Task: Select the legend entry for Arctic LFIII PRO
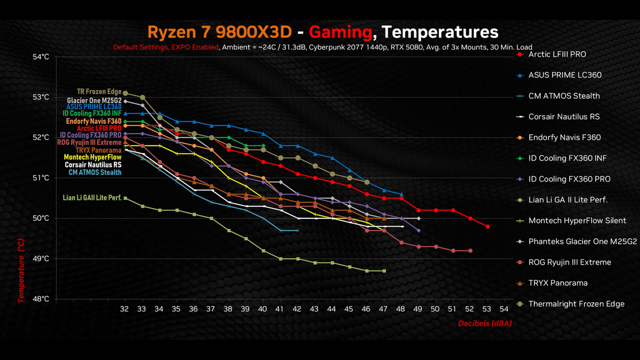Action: click(557, 55)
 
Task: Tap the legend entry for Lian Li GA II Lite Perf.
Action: click(568, 200)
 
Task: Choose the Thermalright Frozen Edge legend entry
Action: click(576, 304)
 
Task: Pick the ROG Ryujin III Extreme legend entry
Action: click(570, 262)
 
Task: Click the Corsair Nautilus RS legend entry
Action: click(564, 116)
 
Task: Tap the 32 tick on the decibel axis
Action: click(125, 308)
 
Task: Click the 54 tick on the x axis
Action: click(504, 308)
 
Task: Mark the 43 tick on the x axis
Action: click(314, 308)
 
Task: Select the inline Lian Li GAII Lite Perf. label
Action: click(92, 197)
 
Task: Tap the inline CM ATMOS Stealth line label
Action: click(94, 173)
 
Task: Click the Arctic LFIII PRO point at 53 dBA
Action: click(488, 227)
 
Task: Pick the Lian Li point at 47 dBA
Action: click(384, 271)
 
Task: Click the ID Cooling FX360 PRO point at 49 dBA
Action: click(418, 230)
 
